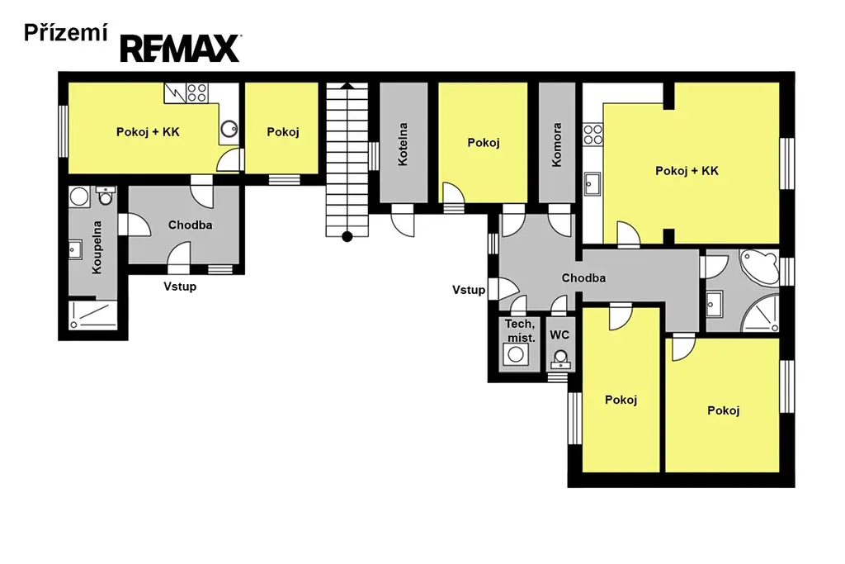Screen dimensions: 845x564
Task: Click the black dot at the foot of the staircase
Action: pos(347,236)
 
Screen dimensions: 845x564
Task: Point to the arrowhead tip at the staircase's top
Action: pos(347,83)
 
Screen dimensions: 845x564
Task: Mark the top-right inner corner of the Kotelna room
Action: pos(427,83)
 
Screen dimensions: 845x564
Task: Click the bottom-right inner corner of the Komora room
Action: pos(575,203)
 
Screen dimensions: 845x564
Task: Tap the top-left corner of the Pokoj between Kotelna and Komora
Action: pos(439,83)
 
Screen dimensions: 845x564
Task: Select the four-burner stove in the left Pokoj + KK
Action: pos(196,92)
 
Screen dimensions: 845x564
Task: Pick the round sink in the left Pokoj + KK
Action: pos(229,128)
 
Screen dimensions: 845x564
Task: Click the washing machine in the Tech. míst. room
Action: pos(515,354)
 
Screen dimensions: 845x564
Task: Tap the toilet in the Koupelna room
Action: pos(106,195)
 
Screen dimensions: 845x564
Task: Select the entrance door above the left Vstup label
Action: pos(178,258)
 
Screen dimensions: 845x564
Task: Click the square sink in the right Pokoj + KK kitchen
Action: pos(592,183)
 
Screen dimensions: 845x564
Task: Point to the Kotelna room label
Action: pos(403,144)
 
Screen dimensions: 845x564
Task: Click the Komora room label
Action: pos(557,145)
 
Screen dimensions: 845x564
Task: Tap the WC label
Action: pos(559,334)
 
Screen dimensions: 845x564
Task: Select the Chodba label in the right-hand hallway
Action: pos(583,277)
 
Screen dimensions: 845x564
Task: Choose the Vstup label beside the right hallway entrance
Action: pos(469,290)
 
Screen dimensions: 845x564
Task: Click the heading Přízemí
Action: pos(66,33)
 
